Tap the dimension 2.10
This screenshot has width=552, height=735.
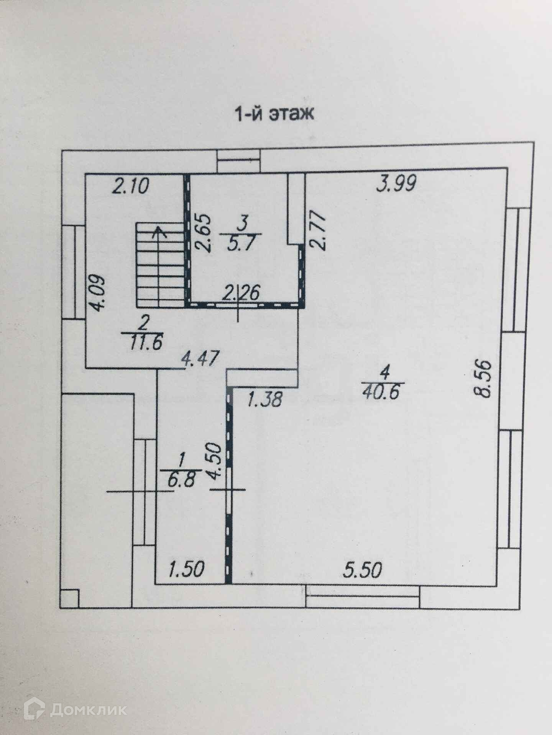(x=130, y=187)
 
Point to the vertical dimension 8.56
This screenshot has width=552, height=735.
(x=482, y=379)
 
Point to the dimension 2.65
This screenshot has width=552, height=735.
(x=203, y=234)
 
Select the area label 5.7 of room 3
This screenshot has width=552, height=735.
(x=240, y=244)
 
